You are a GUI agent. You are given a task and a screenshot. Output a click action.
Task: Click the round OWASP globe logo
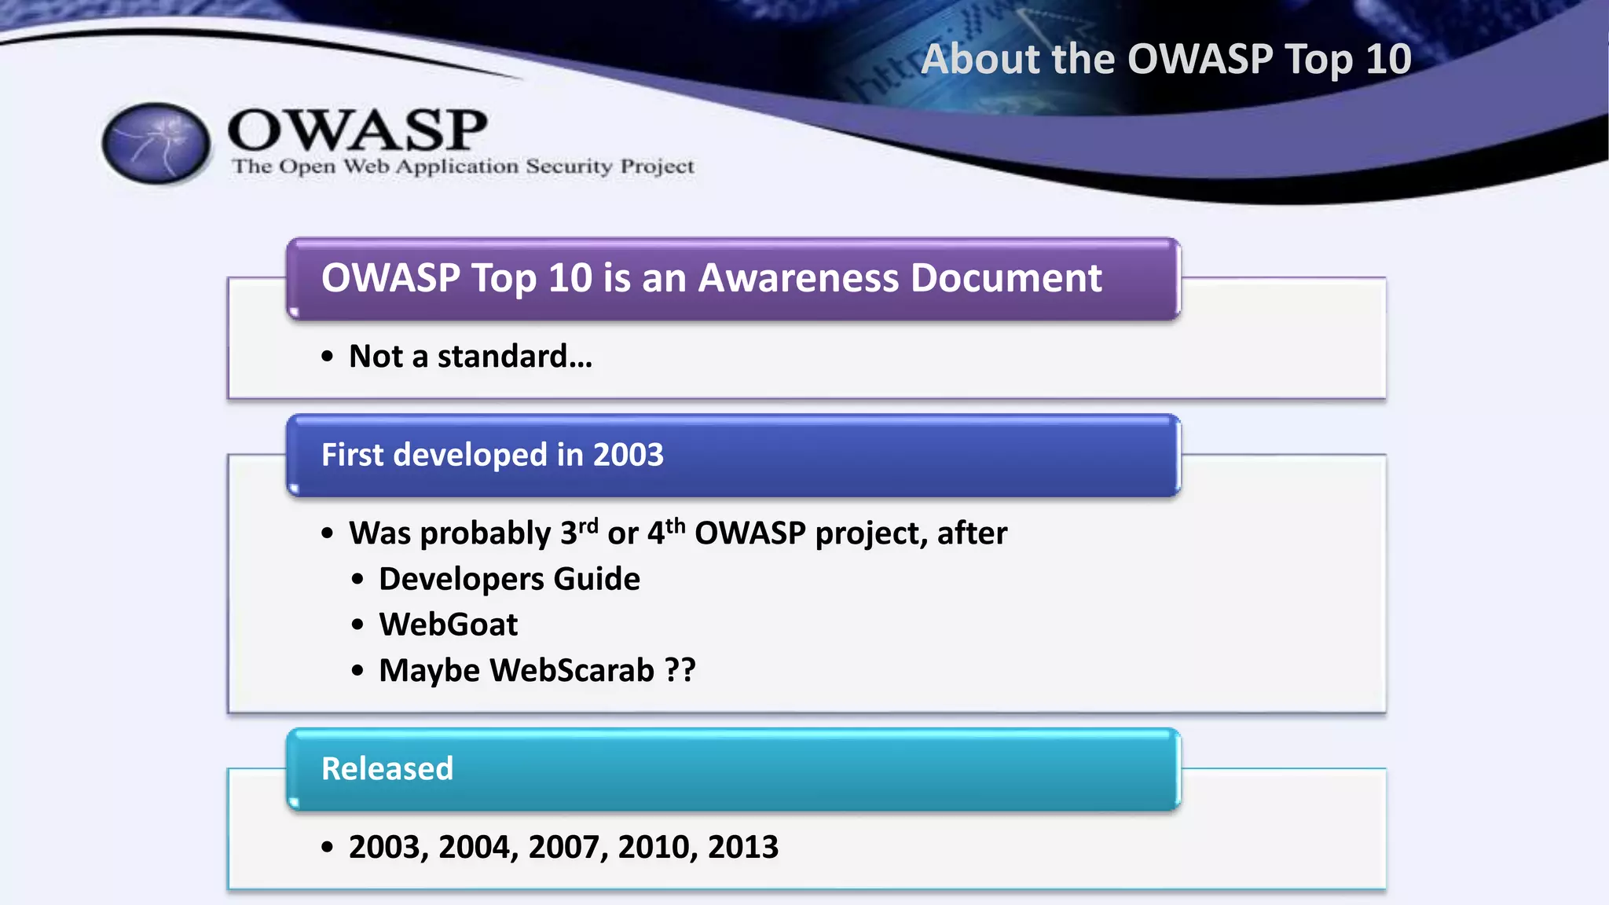tap(156, 144)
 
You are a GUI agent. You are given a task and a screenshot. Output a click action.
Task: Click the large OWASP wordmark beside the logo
tap(357, 130)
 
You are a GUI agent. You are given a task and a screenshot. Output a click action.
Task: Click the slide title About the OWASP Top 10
tap(1166, 59)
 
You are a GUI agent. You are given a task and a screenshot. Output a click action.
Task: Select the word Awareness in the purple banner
tap(798, 278)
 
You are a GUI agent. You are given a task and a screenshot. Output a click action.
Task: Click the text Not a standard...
tap(470, 357)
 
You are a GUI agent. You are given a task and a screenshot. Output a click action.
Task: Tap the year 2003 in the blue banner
tap(628, 455)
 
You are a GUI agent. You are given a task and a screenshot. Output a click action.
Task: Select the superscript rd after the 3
tap(589, 524)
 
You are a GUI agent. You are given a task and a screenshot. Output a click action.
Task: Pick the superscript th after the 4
tap(676, 524)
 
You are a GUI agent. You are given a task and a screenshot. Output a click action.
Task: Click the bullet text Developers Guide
tap(509, 579)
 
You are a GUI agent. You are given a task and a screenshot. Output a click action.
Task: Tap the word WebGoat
tap(448, 625)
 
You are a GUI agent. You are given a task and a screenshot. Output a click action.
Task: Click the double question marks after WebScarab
tap(680, 670)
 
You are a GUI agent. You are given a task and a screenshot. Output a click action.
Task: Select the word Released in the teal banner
tap(387, 768)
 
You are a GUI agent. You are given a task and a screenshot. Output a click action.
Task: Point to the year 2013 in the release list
tap(742, 847)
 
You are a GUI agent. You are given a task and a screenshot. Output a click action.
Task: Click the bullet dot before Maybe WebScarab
tap(358, 671)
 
